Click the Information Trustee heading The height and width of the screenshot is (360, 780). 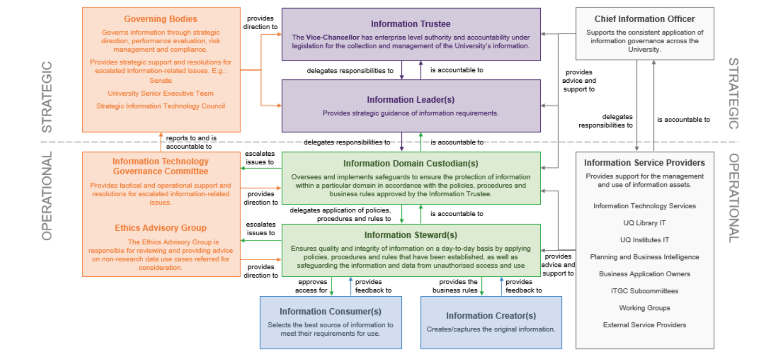(410, 24)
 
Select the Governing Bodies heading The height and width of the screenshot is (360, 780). (161, 19)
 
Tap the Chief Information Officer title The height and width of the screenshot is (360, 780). (644, 19)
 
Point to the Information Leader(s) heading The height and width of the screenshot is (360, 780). (410, 100)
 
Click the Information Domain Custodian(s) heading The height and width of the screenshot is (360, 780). (410, 164)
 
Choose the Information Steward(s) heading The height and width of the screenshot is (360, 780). (410, 235)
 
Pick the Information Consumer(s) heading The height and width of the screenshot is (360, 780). (330, 312)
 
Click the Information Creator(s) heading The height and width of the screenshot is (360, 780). (491, 316)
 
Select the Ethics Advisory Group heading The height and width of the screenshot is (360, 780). (161, 228)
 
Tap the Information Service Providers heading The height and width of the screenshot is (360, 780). (644, 163)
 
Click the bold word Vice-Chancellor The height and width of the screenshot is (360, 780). (333, 38)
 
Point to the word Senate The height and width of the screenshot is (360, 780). (161, 81)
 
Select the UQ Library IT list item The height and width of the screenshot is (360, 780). (644, 223)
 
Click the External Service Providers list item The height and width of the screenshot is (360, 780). (644, 325)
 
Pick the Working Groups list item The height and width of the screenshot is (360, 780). (644, 308)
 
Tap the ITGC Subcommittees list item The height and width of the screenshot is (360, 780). (644, 291)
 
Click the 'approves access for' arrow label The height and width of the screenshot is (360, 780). (312, 286)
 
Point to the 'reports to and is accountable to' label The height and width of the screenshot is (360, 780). (191, 142)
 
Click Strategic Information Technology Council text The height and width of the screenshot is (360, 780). (161, 106)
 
